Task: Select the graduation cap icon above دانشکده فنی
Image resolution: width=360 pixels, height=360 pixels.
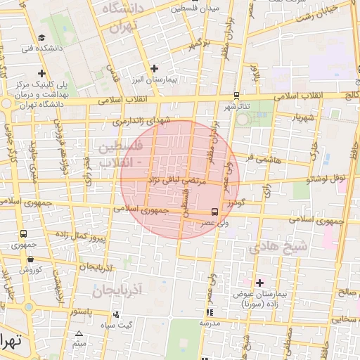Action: coord(41,38)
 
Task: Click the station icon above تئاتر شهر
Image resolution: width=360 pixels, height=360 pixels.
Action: coord(236,95)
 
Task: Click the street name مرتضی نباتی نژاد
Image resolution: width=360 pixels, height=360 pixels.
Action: coord(178,180)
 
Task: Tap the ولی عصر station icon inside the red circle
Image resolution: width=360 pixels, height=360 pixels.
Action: coord(214,211)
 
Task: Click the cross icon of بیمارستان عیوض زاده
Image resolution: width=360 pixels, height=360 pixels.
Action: coord(259,282)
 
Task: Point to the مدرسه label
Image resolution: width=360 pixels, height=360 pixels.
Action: coord(210,323)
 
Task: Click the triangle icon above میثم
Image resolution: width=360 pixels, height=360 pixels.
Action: coord(79,333)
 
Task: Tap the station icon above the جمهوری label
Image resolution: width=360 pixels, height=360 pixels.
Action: coord(24,234)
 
